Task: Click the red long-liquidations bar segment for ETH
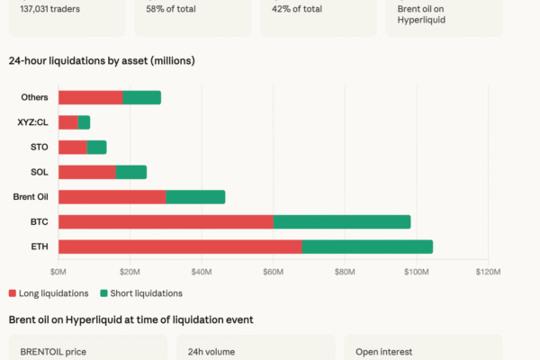click(x=180, y=247)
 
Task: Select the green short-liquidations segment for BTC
click(x=342, y=221)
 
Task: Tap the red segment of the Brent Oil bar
click(x=112, y=196)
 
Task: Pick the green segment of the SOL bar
click(x=131, y=172)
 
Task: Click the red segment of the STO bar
click(x=73, y=147)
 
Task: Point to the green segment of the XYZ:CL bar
click(x=85, y=122)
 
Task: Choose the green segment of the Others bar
click(x=141, y=97)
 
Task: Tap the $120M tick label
click(x=487, y=270)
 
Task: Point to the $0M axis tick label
click(x=58, y=270)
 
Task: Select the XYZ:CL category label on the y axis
click(x=33, y=122)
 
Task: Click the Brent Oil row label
click(x=31, y=196)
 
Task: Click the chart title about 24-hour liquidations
click(x=102, y=61)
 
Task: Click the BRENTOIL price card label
click(x=50, y=351)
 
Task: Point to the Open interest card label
click(x=382, y=351)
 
